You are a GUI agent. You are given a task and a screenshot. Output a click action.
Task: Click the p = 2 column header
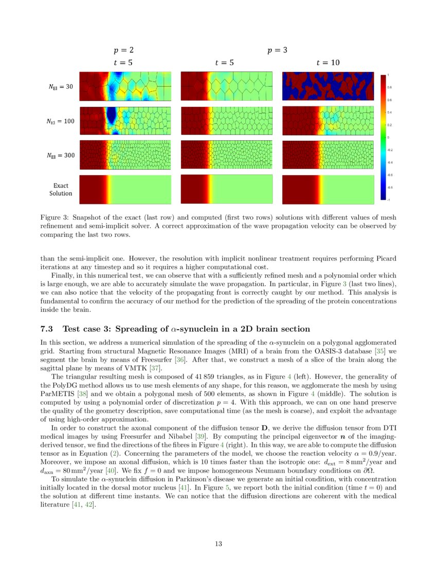click(x=124, y=50)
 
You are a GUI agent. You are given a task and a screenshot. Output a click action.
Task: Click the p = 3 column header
click(x=277, y=50)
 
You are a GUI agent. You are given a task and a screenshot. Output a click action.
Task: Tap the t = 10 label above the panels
click(x=327, y=63)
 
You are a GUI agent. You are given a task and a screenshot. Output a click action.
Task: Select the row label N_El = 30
click(x=61, y=87)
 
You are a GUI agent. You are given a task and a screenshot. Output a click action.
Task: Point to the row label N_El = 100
click(x=61, y=122)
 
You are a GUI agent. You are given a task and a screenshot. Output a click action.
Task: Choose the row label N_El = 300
click(x=61, y=155)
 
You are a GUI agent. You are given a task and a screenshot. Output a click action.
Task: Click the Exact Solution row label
click(x=61, y=190)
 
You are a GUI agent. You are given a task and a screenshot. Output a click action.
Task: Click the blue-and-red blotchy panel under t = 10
click(x=328, y=86)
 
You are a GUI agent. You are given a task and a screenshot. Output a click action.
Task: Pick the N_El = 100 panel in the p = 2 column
click(x=125, y=121)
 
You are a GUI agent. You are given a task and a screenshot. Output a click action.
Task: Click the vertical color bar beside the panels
click(x=383, y=137)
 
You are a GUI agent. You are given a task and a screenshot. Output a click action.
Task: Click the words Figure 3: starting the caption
click(x=54, y=217)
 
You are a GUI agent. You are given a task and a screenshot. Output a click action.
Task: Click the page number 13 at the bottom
click(x=218, y=544)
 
